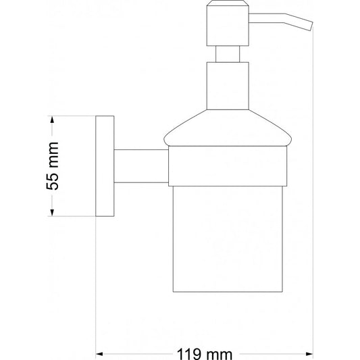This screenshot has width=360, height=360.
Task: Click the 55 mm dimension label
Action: pyautogui.click(x=53, y=166)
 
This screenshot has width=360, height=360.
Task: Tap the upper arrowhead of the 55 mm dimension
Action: pyautogui.click(x=52, y=120)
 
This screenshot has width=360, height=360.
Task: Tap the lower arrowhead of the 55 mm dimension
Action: pyautogui.click(x=52, y=212)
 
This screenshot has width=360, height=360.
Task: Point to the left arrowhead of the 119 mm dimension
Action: pyautogui.click(x=99, y=354)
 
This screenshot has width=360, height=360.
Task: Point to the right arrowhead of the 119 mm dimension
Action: pyautogui.click(x=309, y=354)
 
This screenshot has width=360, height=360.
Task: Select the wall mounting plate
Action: pyautogui.click(x=105, y=166)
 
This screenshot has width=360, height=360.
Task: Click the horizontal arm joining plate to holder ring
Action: pyautogui.click(x=141, y=166)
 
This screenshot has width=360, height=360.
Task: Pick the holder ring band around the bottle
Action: pyautogui.click(x=228, y=166)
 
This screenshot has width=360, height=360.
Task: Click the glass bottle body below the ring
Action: pyautogui.click(x=228, y=239)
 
